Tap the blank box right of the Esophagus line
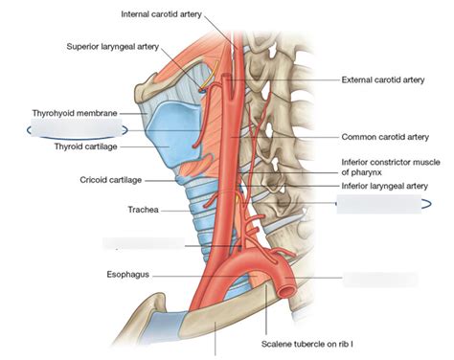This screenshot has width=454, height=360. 382,280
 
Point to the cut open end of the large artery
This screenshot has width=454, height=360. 284,282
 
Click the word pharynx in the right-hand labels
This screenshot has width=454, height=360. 363,172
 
